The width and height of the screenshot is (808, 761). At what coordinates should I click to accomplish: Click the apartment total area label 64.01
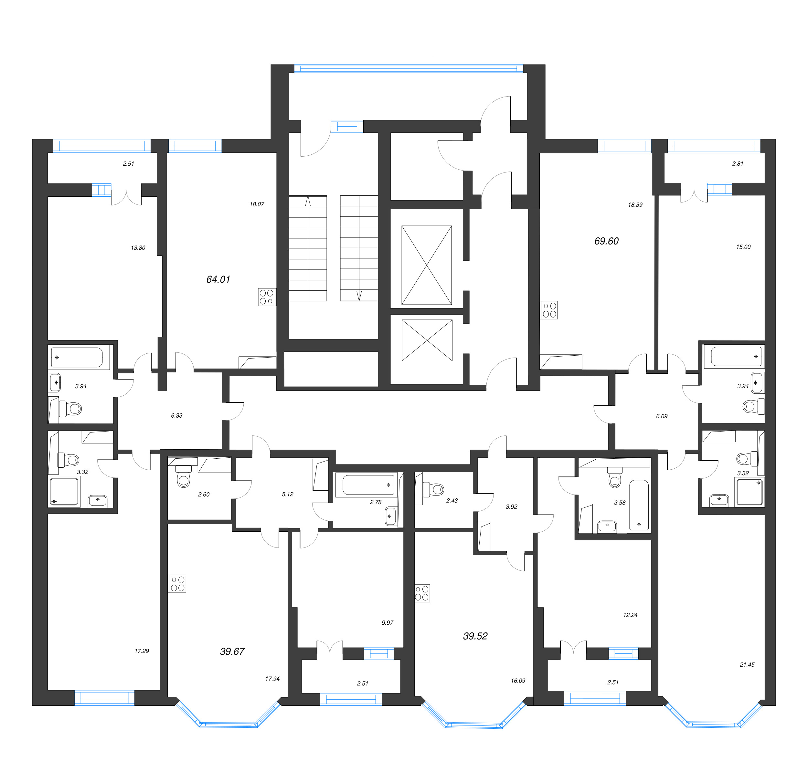pyautogui.click(x=218, y=279)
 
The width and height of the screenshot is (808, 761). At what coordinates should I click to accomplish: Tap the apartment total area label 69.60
pyautogui.click(x=606, y=241)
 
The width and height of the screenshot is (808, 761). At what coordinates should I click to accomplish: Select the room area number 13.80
pyautogui.click(x=138, y=248)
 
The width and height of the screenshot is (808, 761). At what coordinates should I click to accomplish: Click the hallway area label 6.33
pyautogui.click(x=177, y=416)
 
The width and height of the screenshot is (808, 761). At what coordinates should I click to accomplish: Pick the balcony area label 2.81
pyautogui.click(x=738, y=164)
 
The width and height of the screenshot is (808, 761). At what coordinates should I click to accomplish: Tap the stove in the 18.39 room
pyautogui.click(x=549, y=310)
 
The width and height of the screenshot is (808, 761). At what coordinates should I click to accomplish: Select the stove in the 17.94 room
pyautogui.click(x=177, y=584)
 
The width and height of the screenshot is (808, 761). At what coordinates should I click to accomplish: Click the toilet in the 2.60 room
pyautogui.click(x=183, y=476)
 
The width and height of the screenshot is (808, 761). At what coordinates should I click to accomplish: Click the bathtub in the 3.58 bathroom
pyautogui.click(x=639, y=506)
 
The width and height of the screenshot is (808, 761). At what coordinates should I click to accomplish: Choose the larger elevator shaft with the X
pyautogui.click(x=427, y=265)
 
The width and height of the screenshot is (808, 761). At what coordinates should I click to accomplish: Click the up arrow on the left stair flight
pyautogui.click(x=308, y=201)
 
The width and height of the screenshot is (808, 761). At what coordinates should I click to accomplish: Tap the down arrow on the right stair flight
pyautogui.click(x=359, y=296)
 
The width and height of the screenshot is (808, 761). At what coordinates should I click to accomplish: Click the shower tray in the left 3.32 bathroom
pyautogui.click(x=64, y=492)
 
